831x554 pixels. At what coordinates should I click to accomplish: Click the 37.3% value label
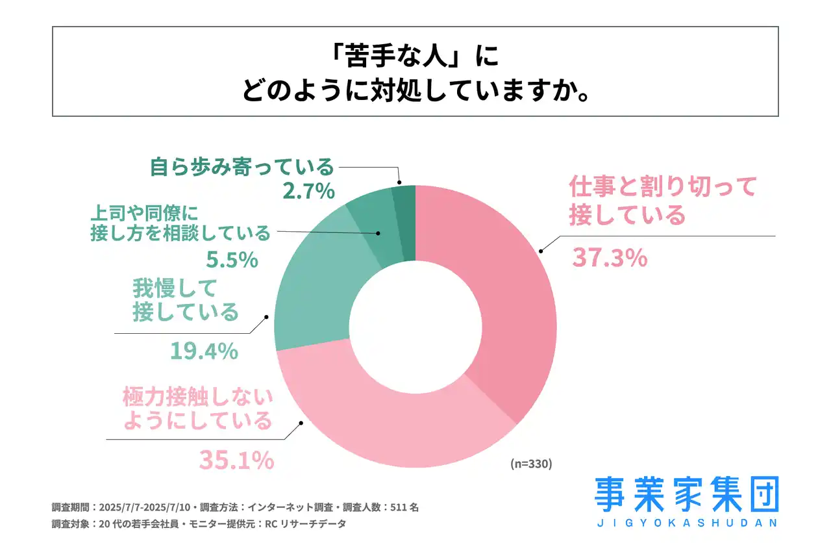(609, 258)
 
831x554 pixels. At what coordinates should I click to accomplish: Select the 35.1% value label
(236, 460)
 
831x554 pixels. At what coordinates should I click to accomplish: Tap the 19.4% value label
(204, 351)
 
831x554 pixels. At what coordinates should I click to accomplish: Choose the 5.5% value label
(232, 260)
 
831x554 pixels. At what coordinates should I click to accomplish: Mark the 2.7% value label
(308, 191)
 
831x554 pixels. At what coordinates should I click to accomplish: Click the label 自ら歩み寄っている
(242, 167)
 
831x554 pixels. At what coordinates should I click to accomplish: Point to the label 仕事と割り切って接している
(662, 201)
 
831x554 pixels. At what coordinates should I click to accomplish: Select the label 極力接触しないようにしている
(197, 409)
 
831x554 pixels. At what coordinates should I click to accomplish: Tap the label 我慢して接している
(186, 299)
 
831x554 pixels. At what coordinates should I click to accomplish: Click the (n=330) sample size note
(530, 464)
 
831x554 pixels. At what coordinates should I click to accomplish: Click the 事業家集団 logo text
(686, 495)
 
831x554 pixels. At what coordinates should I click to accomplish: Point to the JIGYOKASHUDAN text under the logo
(686, 522)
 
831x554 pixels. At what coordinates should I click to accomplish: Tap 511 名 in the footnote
(404, 507)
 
